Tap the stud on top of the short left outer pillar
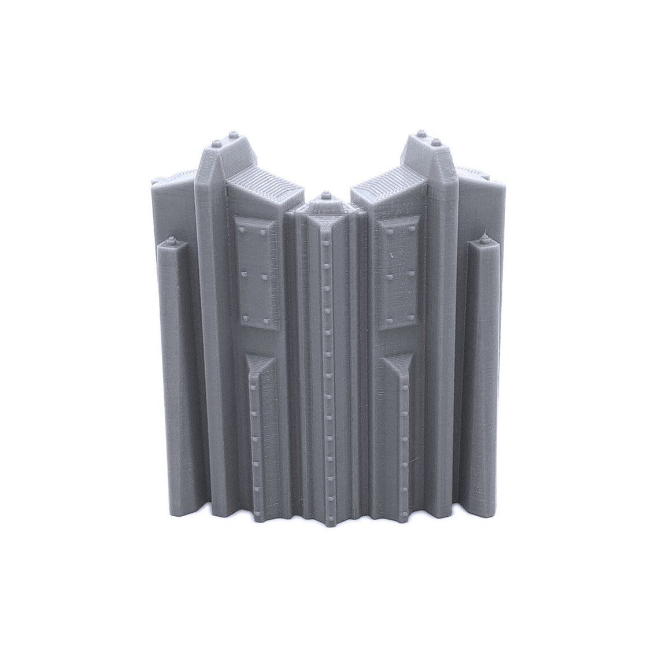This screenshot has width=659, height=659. click(x=171, y=238)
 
